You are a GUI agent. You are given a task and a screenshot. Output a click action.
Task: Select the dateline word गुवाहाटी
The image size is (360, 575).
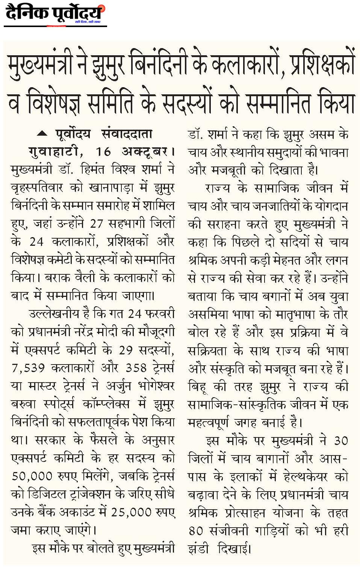pyautogui.click(x=53, y=151)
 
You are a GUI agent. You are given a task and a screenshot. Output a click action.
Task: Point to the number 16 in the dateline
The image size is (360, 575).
pyautogui.click(x=103, y=151)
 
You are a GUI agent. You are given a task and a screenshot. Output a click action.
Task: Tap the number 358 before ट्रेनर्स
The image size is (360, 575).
pyautogui.click(x=136, y=368)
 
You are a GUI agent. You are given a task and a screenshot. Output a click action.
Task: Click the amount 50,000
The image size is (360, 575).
pyautogui.click(x=32, y=476)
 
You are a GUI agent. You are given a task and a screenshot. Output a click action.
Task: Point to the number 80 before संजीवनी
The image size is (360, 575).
pyautogui.click(x=196, y=531)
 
